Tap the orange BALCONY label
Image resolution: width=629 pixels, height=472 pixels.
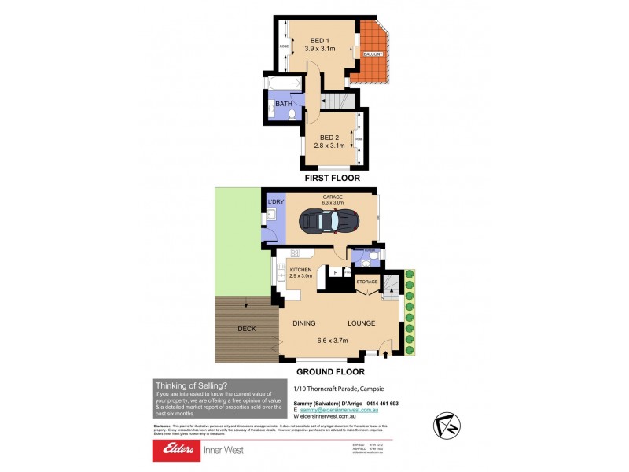click(x=373, y=53)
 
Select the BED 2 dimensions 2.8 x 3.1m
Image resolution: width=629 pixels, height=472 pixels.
click(x=329, y=145)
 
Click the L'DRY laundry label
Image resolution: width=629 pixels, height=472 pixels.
click(x=275, y=203)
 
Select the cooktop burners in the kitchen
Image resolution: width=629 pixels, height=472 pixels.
click(x=296, y=253)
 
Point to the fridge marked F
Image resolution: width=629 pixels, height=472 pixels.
click(x=335, y=271)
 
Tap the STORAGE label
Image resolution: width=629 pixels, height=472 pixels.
click(x=368, y=281)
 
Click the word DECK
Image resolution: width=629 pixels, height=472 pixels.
click(x=246, y=329)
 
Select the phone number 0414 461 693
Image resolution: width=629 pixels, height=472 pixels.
click(x=378, y=403)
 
